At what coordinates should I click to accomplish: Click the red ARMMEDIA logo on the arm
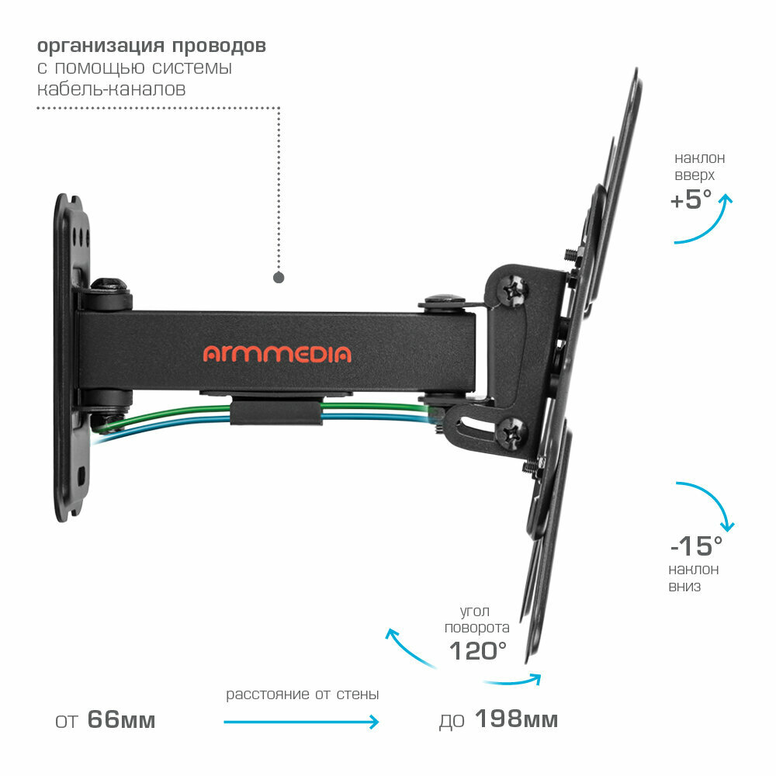click(277, 354)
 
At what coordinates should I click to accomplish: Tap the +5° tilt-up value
click(691, 200)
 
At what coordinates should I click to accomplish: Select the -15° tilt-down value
click(696, 546)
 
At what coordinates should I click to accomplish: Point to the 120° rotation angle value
click(478, 650)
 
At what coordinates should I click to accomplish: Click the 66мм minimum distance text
click(121, 720)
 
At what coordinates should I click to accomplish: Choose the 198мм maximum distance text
click(515, 720)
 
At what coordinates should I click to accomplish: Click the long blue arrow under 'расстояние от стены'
click(301, 722)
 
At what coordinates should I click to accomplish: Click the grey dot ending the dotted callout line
click(279, 277)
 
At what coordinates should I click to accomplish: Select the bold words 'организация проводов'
click(151, 46)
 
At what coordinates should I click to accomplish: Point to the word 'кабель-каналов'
click(112, 89)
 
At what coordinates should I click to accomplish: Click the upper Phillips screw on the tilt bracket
click(514, 290)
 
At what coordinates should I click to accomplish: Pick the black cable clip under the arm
click(275, 411)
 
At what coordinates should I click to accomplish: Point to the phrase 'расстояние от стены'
click(303, 695)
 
